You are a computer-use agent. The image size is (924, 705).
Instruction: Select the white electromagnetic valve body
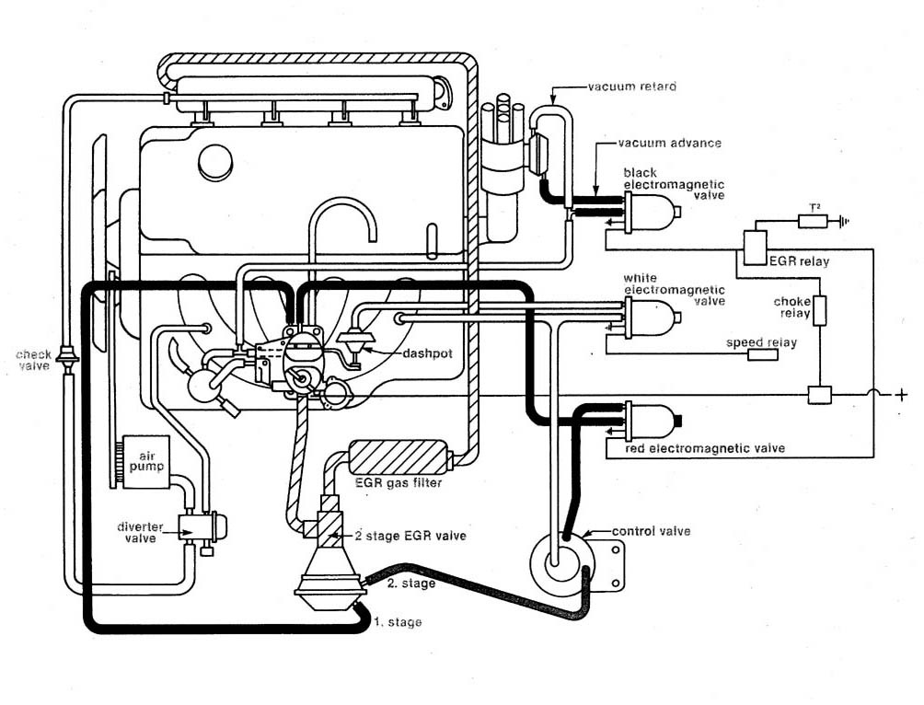(652, 317)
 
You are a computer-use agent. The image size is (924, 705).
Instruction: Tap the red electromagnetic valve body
(652, 420)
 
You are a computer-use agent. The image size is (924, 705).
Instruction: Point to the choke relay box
(819, 310)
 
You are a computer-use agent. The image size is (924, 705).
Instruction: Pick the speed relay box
(762, 355)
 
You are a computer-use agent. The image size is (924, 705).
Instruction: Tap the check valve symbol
(67, 356)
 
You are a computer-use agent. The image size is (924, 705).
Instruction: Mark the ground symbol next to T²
(840, 221)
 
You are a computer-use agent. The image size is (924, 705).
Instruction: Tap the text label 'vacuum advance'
(656, 144)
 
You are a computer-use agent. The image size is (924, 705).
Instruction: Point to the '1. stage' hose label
(398, 623)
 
